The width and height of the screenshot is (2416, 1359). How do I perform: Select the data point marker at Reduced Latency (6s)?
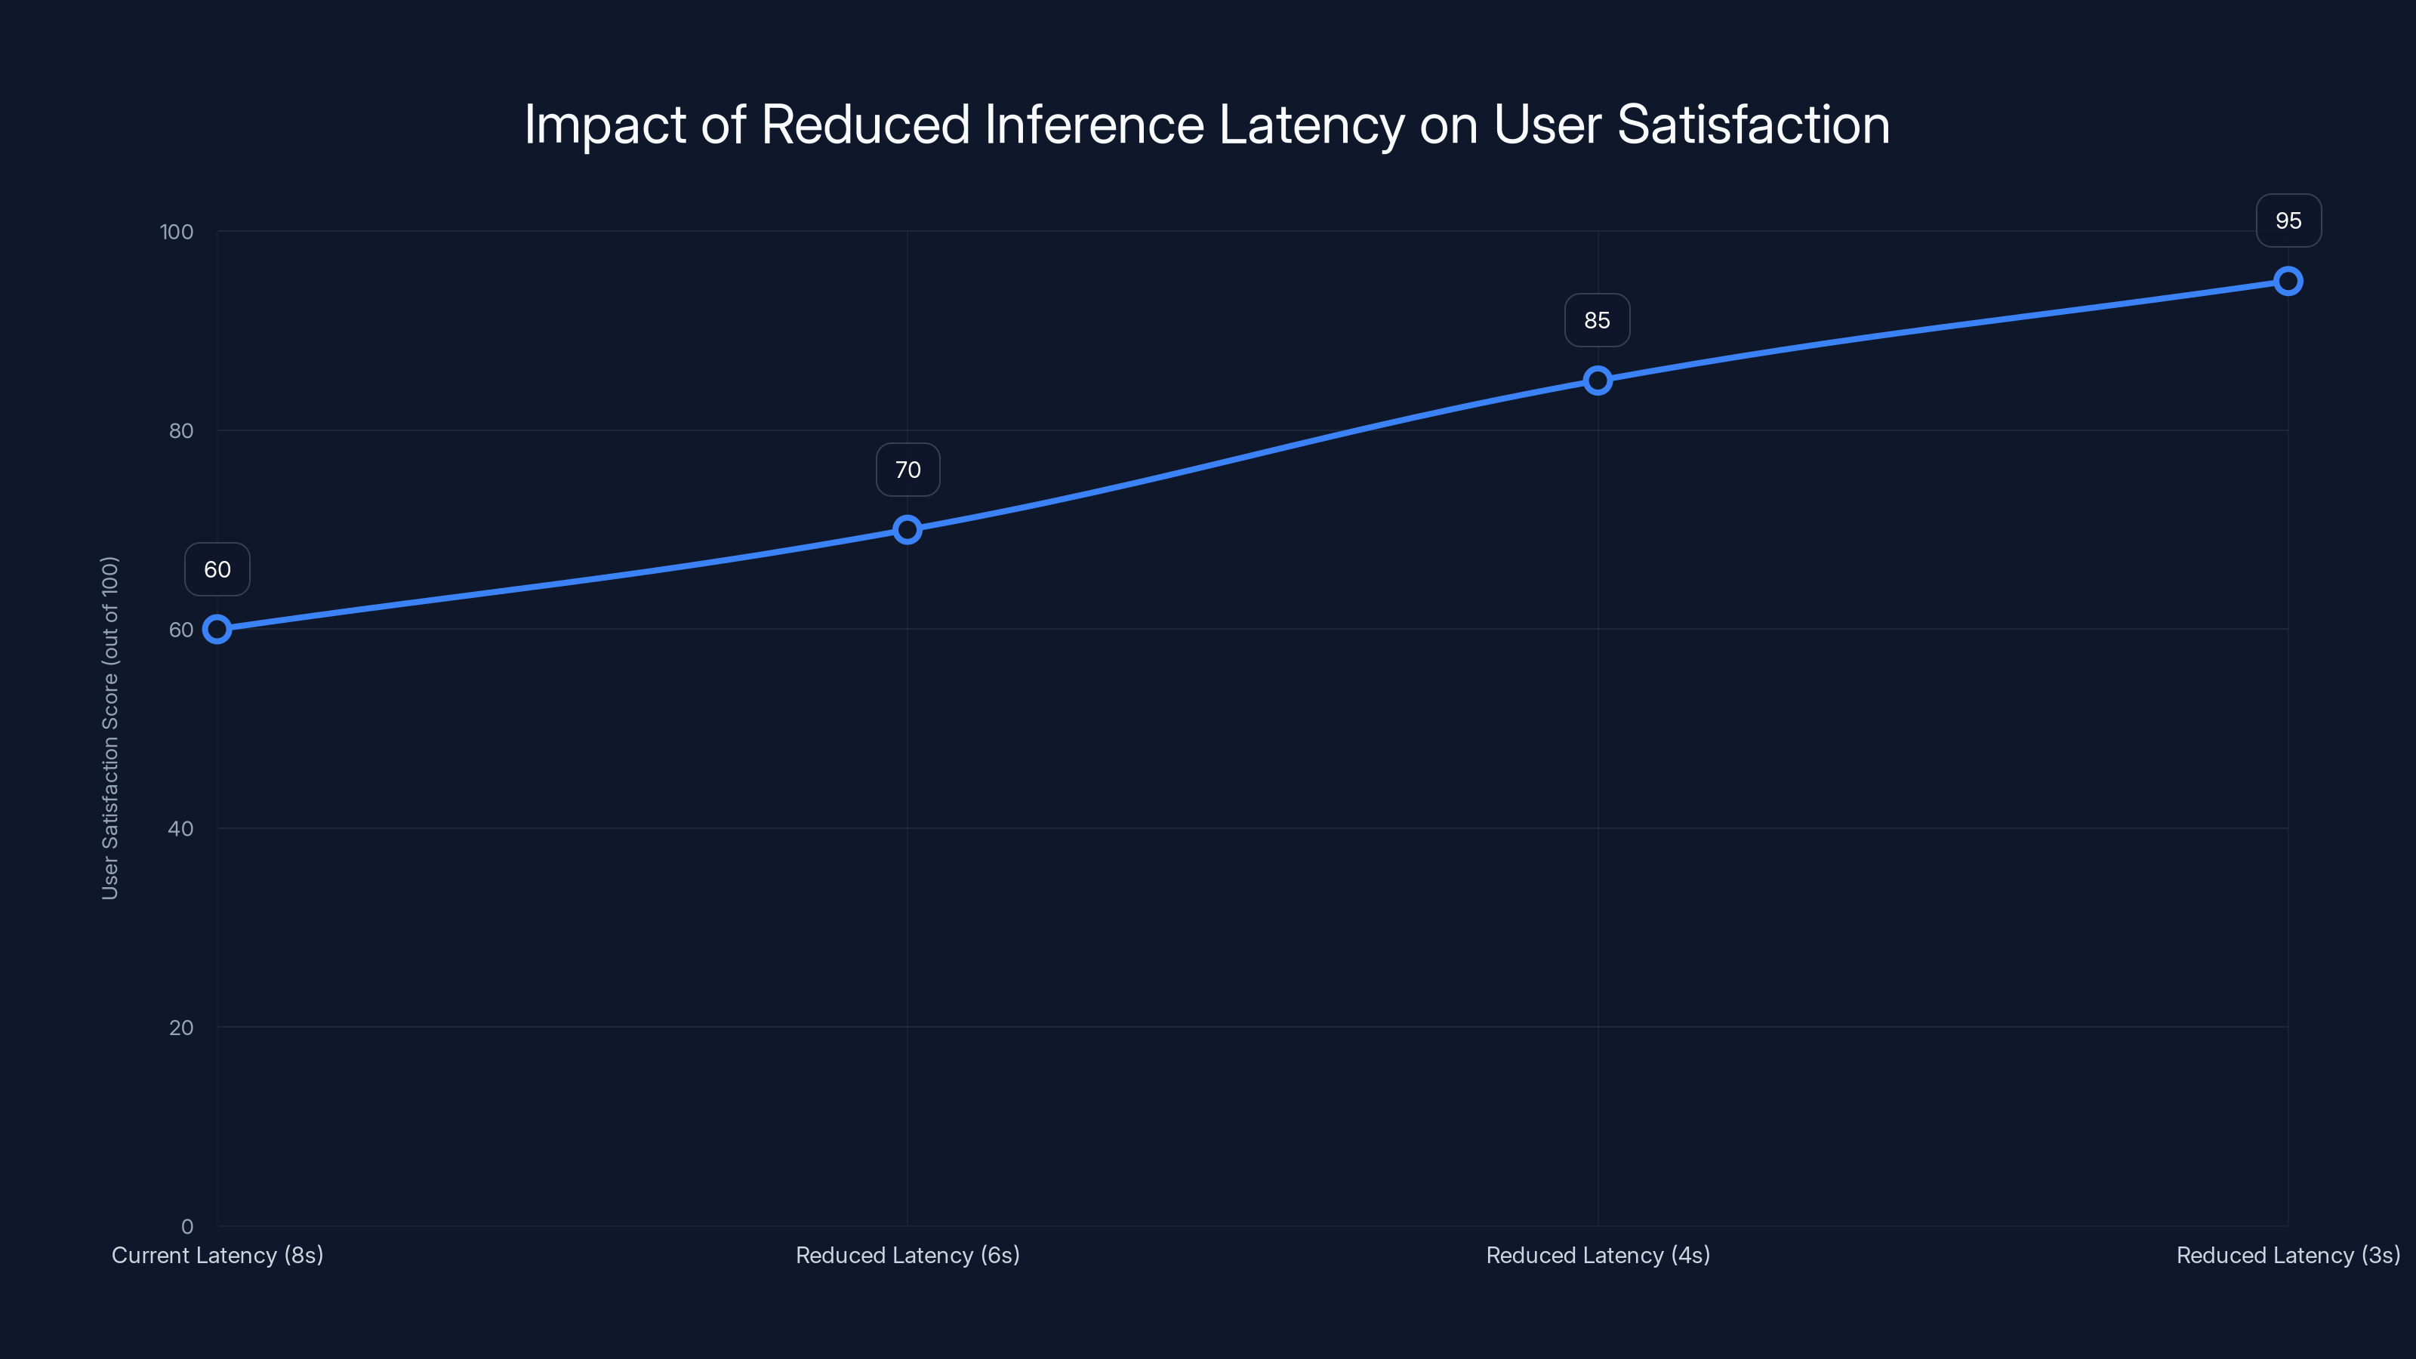click(x=907, y=529)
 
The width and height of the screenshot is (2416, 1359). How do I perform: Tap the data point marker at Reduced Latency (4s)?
click(x=1598, y=380)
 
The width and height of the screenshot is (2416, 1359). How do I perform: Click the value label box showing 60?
click(x=217, y=569)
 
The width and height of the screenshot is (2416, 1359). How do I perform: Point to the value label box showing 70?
click(x=907, y=470)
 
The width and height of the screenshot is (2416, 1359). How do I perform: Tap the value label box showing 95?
click(x=2288, y=220)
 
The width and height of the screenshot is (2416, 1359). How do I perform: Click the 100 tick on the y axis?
click(x=177, y=232)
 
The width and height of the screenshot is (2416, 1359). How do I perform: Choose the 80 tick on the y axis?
click(x=180, y=430)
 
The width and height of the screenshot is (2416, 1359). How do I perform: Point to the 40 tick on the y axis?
click(x=180, y=828)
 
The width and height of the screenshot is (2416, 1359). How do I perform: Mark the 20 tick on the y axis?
click(x=180, y=1027)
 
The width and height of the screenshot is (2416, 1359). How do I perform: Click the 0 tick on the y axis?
click(x=186, y=1226)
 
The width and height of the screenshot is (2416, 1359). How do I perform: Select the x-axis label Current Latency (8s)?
click(x=217, y=1255)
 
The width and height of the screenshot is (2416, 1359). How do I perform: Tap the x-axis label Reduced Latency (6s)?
click(x=907, y=1255)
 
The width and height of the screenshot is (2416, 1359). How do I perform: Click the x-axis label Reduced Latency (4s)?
click(x=1598, y=1255)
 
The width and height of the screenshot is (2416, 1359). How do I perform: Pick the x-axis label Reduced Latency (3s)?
click(x=2288, y=1255)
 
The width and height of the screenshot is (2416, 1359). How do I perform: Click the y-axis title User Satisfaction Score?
click(x=109, y=728)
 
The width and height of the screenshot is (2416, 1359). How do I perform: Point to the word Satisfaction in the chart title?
click(x=1753, y=125)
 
